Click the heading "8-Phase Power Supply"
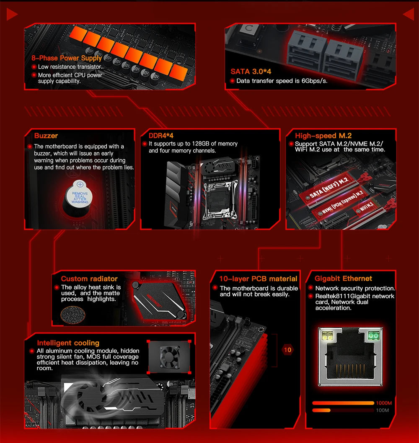coord(66,58)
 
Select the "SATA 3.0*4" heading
coord(251,72)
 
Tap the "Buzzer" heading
coord(46,136)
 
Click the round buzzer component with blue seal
coord(78,197)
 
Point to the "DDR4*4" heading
coord(161,136)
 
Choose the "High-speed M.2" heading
coord(323,136)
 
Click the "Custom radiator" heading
coord(89,279)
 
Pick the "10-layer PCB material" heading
coord(258,279)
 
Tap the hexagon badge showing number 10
coord(287,350)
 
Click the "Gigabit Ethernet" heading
coord(343,279)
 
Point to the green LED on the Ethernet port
coord(372,336)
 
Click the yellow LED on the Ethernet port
coord(326,336)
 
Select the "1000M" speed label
coord(384,403)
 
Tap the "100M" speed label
coord(382,410)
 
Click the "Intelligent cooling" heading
coord(68,343)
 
